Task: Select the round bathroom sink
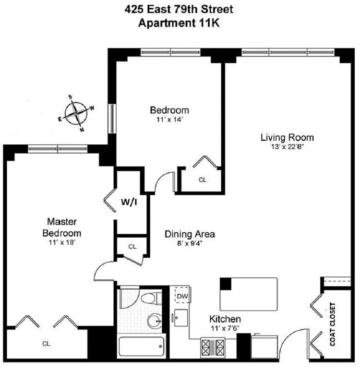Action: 154,320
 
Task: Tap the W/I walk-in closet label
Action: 129,203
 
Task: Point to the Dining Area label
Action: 190,234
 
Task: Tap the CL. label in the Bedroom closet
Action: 203,180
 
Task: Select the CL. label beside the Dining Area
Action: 133,247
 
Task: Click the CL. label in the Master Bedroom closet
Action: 47,344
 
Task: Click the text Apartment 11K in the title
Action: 179,23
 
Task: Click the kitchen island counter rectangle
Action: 249,294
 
